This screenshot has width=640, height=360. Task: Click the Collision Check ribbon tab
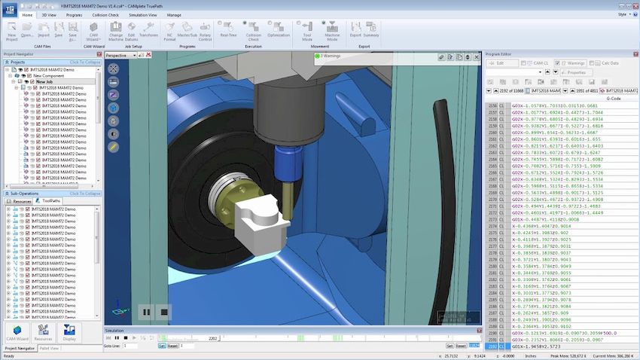(x=105, y=14)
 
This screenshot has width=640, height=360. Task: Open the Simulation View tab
(x=143, y=14)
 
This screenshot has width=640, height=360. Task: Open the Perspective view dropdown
(x=120, y=56)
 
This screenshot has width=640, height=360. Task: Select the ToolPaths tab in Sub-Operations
(x=51, y=201)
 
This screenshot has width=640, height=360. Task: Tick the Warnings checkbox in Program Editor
(x=557, y=63)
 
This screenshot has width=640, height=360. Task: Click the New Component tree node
(x=47, y=75)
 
